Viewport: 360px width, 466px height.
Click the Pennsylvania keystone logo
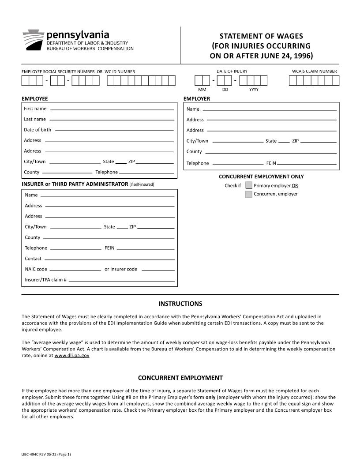coord(33,41)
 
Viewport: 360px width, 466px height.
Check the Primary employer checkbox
coord(249,185)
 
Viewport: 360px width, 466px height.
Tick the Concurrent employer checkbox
coord(249,194)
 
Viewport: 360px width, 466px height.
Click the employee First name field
coord(112,109)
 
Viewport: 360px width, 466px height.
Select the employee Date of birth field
coord(114,130)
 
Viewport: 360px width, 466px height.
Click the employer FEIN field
coord(307,163)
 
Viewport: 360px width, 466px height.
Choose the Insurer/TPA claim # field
coord(122,280)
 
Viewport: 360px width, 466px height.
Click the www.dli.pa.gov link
coord(72,355)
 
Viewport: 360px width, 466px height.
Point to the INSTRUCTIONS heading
coord(180,304)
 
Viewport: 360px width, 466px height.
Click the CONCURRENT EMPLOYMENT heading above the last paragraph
coord(180,378)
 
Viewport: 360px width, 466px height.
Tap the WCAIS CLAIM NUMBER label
coord(314,71)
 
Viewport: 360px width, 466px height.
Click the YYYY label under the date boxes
coord(254,90)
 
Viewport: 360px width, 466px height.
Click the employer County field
coord(270,152)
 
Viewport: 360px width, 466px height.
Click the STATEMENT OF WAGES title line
coord(261,36)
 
